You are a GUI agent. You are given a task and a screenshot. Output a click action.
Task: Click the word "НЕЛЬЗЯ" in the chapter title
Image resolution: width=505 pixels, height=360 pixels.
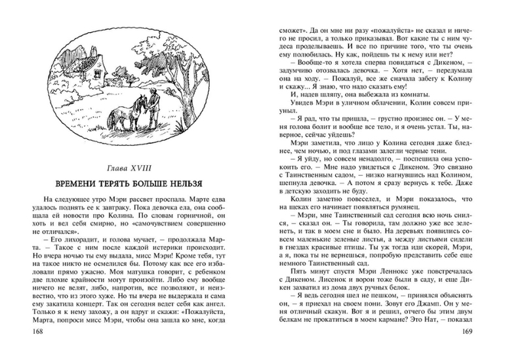pyautogui.click(x=180, y=182)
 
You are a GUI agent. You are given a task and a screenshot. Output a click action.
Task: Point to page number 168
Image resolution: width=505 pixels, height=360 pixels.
pyautogui.click(x=29, y=348)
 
